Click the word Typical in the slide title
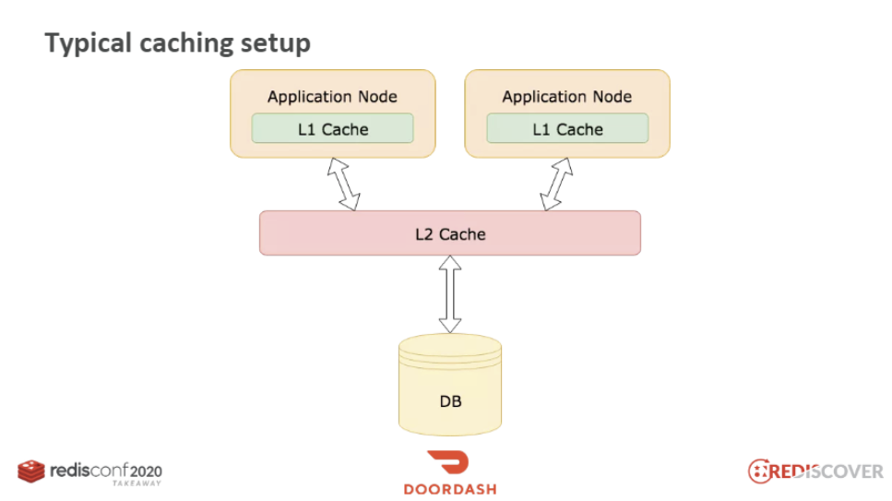point(89,44)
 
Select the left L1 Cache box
point(333,128)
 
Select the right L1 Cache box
point(567,128)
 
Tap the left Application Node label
point(333,97)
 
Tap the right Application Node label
point(567,97)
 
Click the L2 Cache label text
point(450,234)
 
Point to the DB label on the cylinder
point(450,401)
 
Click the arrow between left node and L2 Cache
point(343,185)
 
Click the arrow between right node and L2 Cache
point(556,185)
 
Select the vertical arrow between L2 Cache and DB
point(450,293)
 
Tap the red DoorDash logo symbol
point(449,461)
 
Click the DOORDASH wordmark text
point(450,489)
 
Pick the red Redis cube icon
point(31,471)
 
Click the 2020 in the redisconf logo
point(146,472)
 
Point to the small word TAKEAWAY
point(137,483)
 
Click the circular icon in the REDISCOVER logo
point(759,471)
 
